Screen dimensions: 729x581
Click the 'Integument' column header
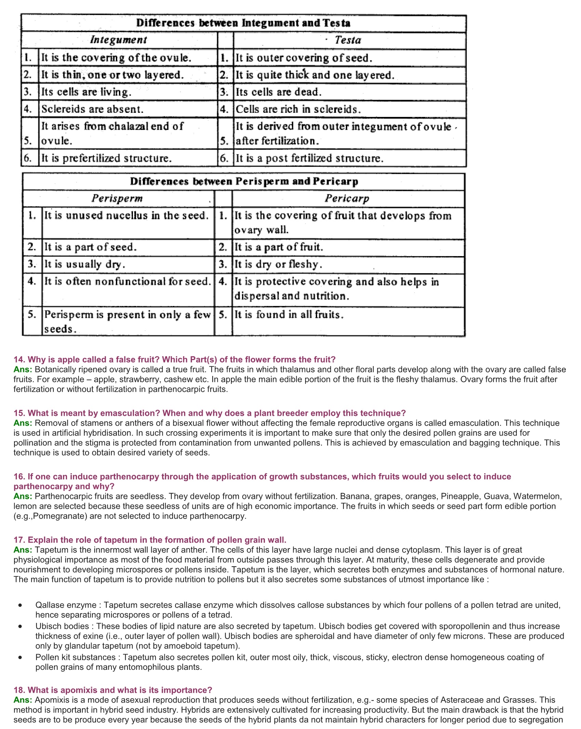[119, 40]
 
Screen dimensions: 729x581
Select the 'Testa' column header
[348, 40]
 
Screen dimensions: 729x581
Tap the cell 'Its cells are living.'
[86, 92]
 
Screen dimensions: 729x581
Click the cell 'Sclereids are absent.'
[92, 109]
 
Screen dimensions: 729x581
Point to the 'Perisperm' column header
[117, 198]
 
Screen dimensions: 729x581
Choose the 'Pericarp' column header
[347, 198]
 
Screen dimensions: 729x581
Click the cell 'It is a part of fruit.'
[279, 247]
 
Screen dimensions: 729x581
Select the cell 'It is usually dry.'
[85, 264]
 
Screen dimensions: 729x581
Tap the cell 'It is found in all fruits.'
[289, 315]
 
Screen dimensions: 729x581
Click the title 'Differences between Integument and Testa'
[243, 23]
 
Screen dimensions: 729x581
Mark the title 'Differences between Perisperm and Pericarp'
[244, 181]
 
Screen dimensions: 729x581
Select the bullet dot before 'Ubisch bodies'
[21, 626]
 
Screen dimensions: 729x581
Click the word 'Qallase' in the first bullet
[49, 605]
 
